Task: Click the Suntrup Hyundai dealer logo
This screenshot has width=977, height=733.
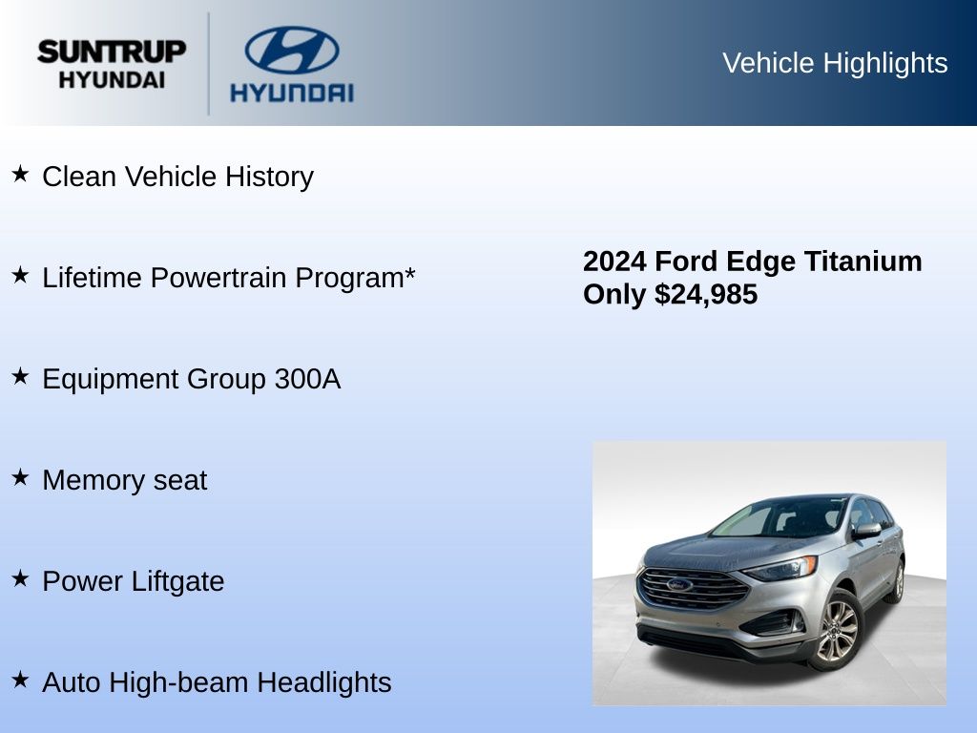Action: point(112,64)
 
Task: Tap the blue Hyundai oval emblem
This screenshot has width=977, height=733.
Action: point(292,50)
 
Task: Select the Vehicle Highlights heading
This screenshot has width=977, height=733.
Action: point(835,63)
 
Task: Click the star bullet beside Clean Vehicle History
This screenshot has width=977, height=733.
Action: point(21,174)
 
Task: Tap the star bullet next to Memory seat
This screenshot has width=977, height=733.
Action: point(21,477)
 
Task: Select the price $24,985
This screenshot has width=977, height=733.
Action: point(706,295)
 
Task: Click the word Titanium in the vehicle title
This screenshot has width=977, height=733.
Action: point(863,262)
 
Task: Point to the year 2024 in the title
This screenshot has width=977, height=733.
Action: point(614,262)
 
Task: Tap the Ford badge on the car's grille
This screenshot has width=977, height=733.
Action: point(679,585)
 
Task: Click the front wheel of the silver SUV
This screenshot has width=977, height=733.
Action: point(838,630)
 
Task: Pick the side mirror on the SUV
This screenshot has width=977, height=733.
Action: point(866,531)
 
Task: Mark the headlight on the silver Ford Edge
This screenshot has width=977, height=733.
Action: point(780,568)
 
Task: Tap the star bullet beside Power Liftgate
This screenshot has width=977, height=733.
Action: point(21,578)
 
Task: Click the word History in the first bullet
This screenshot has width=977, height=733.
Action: point(269,177)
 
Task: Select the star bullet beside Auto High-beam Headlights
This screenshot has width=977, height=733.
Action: point(21,680)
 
